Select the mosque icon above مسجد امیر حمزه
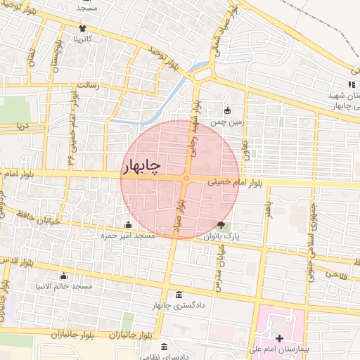pos(127,225)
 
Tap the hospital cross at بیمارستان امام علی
pos(280,338)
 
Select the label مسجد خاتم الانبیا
pos(64,287)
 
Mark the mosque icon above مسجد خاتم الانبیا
pos(64,276)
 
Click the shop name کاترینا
pos(84,39)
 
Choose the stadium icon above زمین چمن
pos(227,110)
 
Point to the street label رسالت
pos(90,85)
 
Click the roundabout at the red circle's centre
pos(186,179)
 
